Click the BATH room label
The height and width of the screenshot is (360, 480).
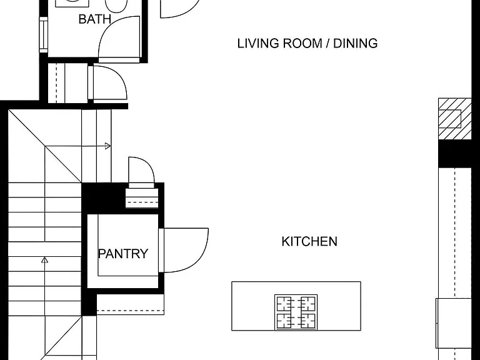(95, 19)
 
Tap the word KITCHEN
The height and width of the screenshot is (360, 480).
(309, 241)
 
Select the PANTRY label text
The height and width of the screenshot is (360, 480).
(123, 254)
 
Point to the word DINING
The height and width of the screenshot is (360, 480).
(356, 44)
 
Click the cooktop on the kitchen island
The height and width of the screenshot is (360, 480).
(296, 312)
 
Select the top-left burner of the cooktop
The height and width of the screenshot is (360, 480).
(284, 304)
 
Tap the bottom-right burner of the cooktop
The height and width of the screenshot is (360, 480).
(308, 321)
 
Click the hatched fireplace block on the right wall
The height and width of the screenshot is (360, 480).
(454, 119)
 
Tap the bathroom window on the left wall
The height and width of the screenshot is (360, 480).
(44, 34)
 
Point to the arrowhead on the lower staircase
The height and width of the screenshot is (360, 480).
(45, 260)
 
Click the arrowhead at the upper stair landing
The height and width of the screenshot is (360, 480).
(107, 146)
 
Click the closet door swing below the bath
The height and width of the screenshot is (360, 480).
(121, 78)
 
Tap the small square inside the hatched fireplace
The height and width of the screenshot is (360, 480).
(450, 119)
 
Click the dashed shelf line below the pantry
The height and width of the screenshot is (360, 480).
(131, 311)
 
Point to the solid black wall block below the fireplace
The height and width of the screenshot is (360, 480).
(454, 154)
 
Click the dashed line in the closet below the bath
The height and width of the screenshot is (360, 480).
(56, 83)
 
